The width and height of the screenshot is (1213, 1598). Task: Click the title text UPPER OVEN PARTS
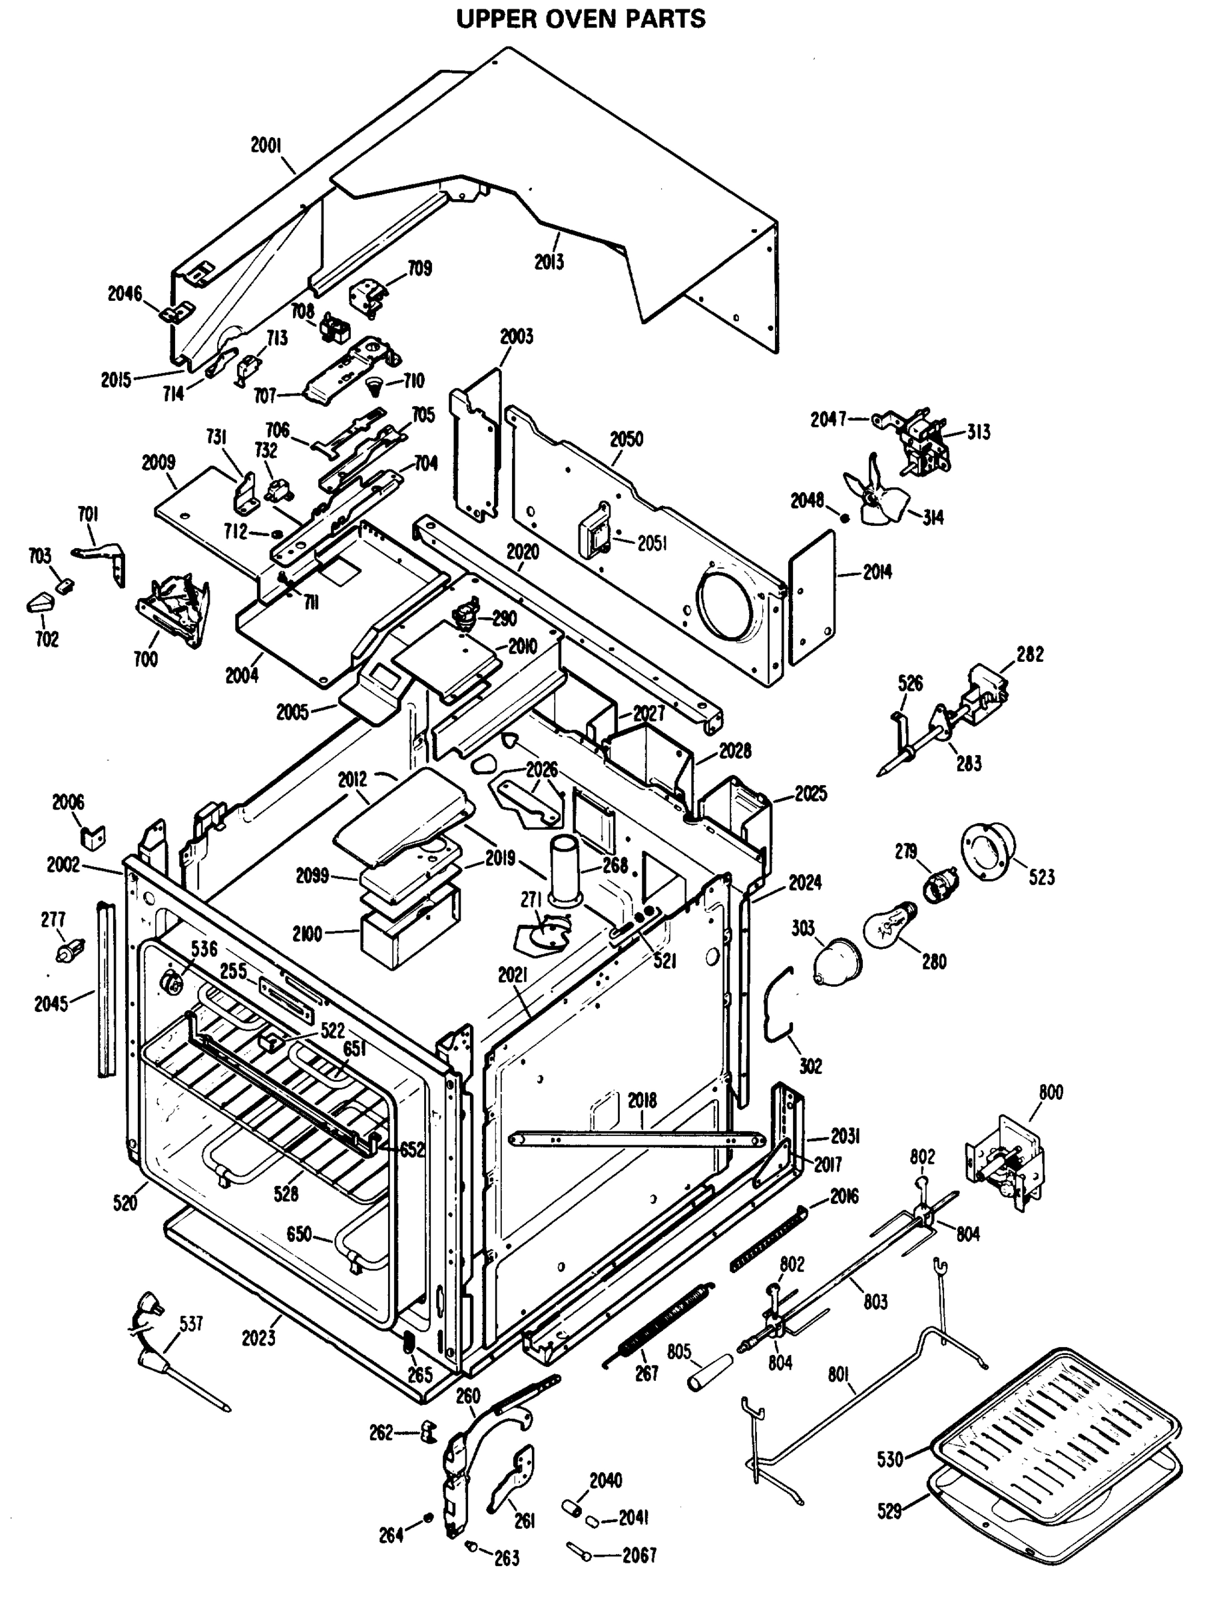[x=581, y=19]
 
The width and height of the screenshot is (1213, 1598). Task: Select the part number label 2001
[x=266, y=145]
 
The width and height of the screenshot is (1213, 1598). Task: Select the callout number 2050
[x=626, y=439]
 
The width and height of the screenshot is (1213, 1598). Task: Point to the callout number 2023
[x=258, y=1338]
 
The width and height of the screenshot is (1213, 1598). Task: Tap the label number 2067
[x=638, y=1555]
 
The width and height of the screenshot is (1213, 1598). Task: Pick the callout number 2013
[x=549, y=262]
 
